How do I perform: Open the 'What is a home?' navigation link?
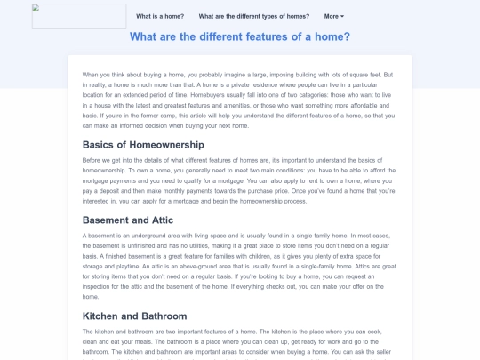[x=161, y=16]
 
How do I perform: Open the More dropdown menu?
[x=334, y=16]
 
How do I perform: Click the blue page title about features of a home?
[x=240, y=36]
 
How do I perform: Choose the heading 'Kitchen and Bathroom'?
[x=134, y=316]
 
